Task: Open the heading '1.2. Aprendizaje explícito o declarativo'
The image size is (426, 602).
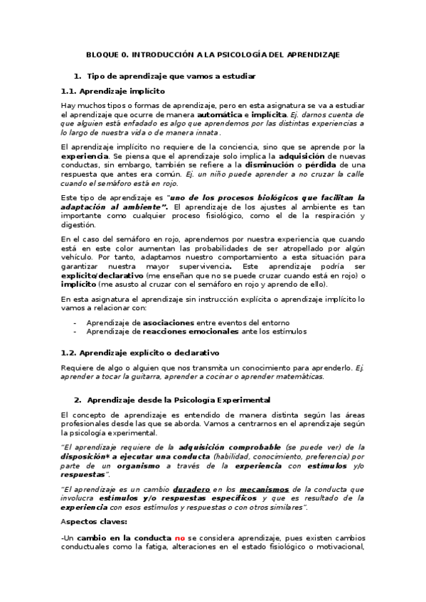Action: pyautogui.click(x=139, y=352)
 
